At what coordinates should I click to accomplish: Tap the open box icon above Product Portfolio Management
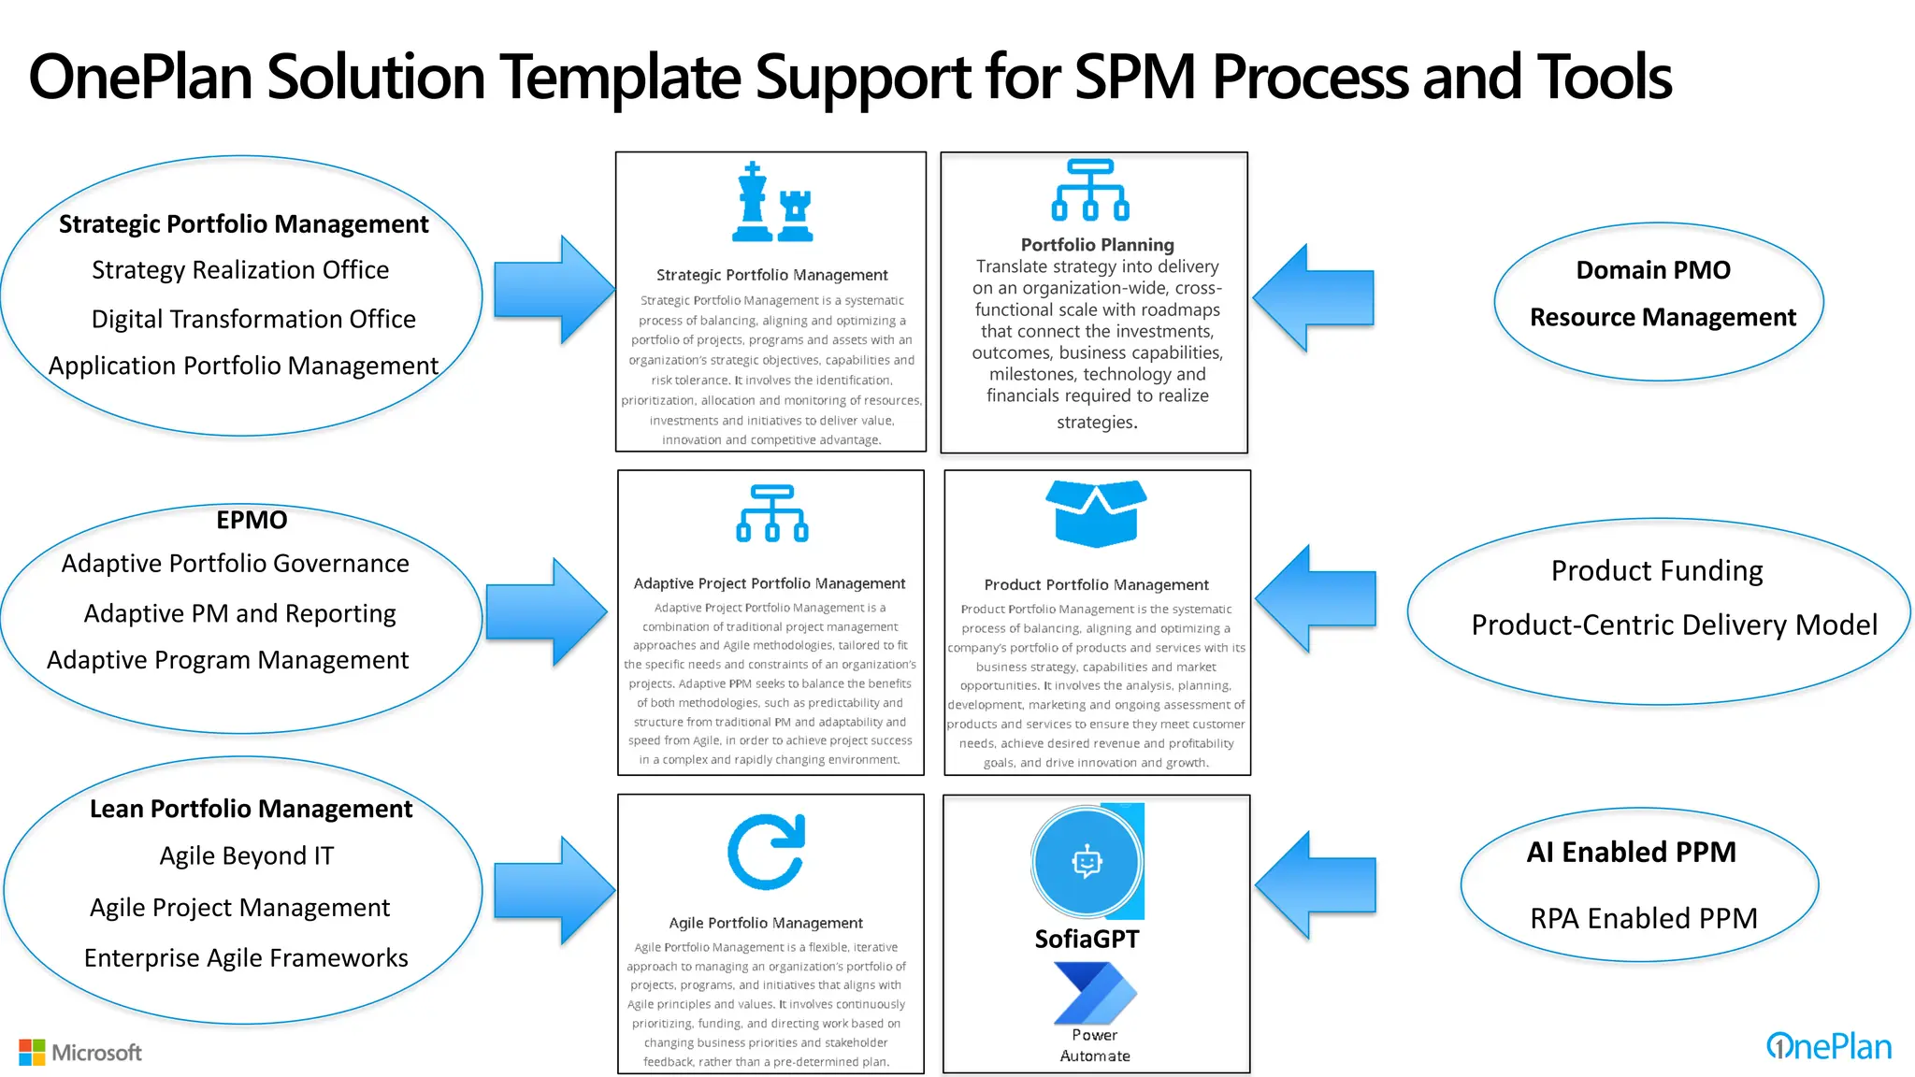1096,513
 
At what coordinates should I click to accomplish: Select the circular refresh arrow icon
767,852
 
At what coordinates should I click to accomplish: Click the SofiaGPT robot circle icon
1087,862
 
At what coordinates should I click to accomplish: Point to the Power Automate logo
1095,995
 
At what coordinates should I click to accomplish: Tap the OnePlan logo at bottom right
1828,1046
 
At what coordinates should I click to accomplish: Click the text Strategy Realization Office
240,270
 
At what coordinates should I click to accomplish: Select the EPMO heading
252,520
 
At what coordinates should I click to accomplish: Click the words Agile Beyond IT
246,856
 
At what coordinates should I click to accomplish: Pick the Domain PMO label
1652,270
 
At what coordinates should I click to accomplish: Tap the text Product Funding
1656,570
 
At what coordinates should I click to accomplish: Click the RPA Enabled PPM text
1643,918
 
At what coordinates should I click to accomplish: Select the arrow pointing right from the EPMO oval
548,612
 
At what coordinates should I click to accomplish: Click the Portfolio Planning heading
1097,245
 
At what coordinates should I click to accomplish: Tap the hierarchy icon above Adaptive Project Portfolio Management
772,513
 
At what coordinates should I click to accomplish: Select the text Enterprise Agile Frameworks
246,958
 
